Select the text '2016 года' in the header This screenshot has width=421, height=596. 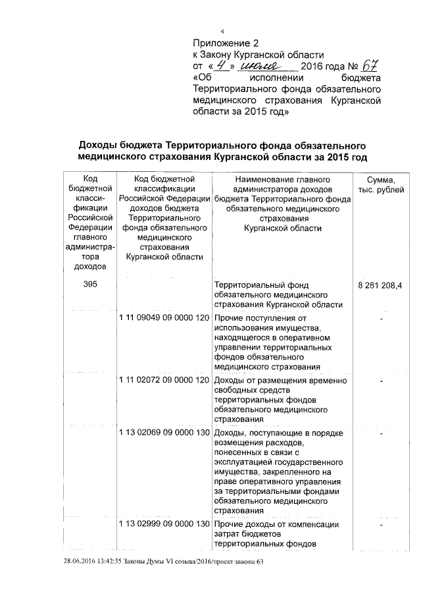(322, 68)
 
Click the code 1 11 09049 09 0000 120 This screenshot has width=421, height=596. (164, 317)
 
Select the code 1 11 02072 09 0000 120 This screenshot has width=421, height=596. (164, 380)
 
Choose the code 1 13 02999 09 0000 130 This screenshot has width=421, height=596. (164, 524)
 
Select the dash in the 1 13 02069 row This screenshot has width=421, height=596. (382, 435)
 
